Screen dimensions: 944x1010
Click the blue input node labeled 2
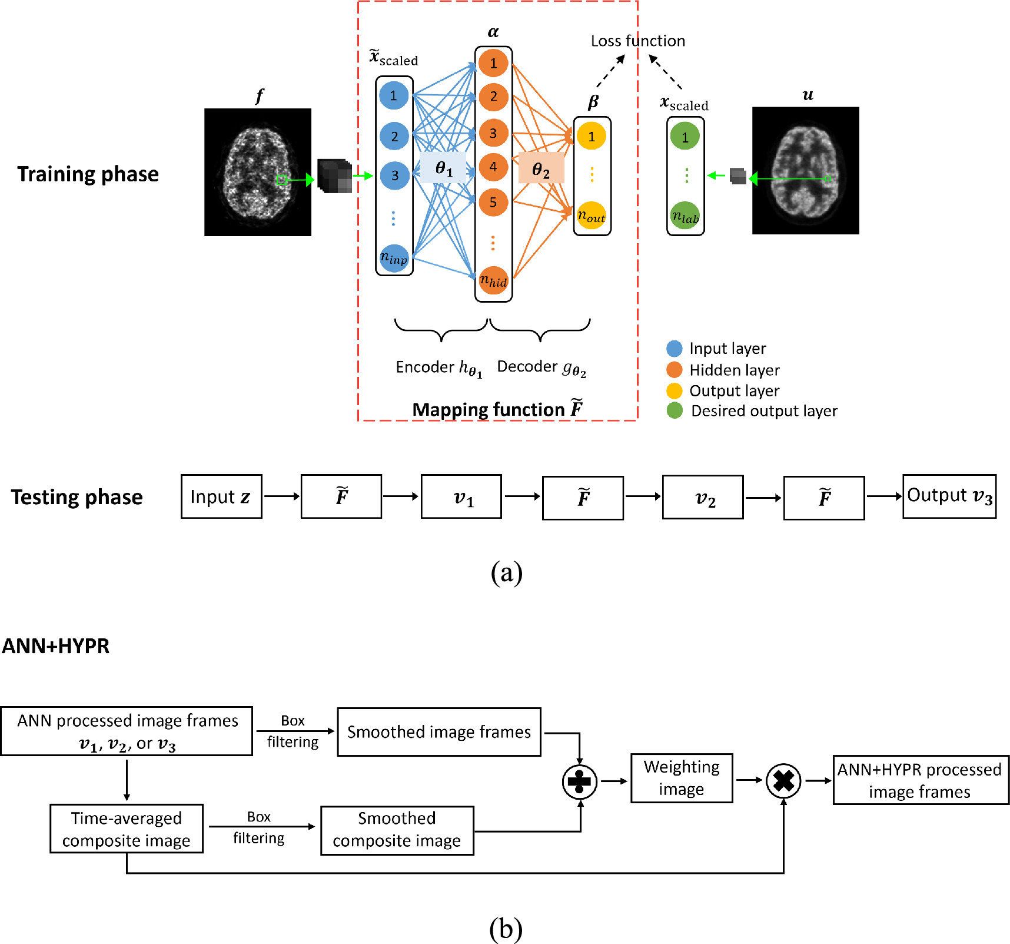point(394,137)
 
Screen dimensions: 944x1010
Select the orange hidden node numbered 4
point(493,167)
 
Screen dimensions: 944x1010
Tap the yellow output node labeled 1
point(592,137)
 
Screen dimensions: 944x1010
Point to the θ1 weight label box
point(443,168)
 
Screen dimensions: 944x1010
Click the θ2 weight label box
point(540,170)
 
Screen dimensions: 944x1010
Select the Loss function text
point(637,41)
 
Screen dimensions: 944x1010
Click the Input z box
point(221,496)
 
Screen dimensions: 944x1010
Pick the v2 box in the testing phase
point(703,498)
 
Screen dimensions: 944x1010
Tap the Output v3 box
point(949,496)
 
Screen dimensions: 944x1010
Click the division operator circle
point(580,781)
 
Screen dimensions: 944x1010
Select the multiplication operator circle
point(783,781)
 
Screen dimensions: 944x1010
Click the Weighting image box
point(682,778)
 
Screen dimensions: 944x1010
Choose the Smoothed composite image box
point(397,830)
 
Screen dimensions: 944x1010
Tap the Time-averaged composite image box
point(127,829)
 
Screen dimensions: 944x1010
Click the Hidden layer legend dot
point(675,370)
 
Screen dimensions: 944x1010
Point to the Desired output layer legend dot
point(675,410)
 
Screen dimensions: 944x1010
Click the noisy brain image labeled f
point(258,172)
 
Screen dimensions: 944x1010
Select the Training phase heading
point(88,174)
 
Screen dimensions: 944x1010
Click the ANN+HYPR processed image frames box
point(920,780)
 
